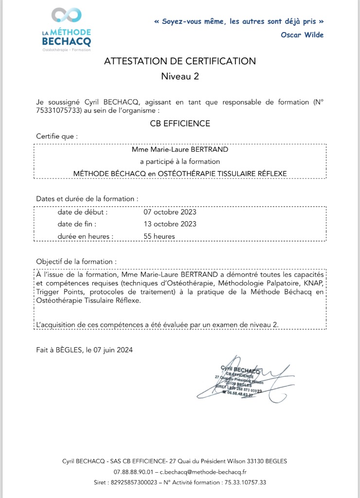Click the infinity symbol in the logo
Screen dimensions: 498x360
pyautogui.click(x=66, y=16)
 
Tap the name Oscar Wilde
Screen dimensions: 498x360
pyautogui.click(x=302, y=35)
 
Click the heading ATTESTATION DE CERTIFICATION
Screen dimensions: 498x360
pyautogui.click(x=180, y=61)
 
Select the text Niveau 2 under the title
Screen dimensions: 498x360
pyautogui.click(x=180, y=76)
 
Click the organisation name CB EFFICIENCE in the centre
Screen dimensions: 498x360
pyautogui.click(x=180, y=124)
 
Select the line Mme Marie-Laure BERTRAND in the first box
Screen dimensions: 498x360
pyautogui.click(x=180, y=149)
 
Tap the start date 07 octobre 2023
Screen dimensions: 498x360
pyautogui.click(x=170, y=213)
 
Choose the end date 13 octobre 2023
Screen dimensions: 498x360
pyautogui.click(x=170, y=224)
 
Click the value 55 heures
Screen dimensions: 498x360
pyautogui.click(x=159, y=236)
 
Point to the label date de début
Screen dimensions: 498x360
pyautogui.click(x=82, y=213)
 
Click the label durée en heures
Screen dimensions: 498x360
pyautogui.click(x=86, y=236)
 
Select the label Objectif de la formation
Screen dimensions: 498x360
pyautogui.click(x=76, y=261)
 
